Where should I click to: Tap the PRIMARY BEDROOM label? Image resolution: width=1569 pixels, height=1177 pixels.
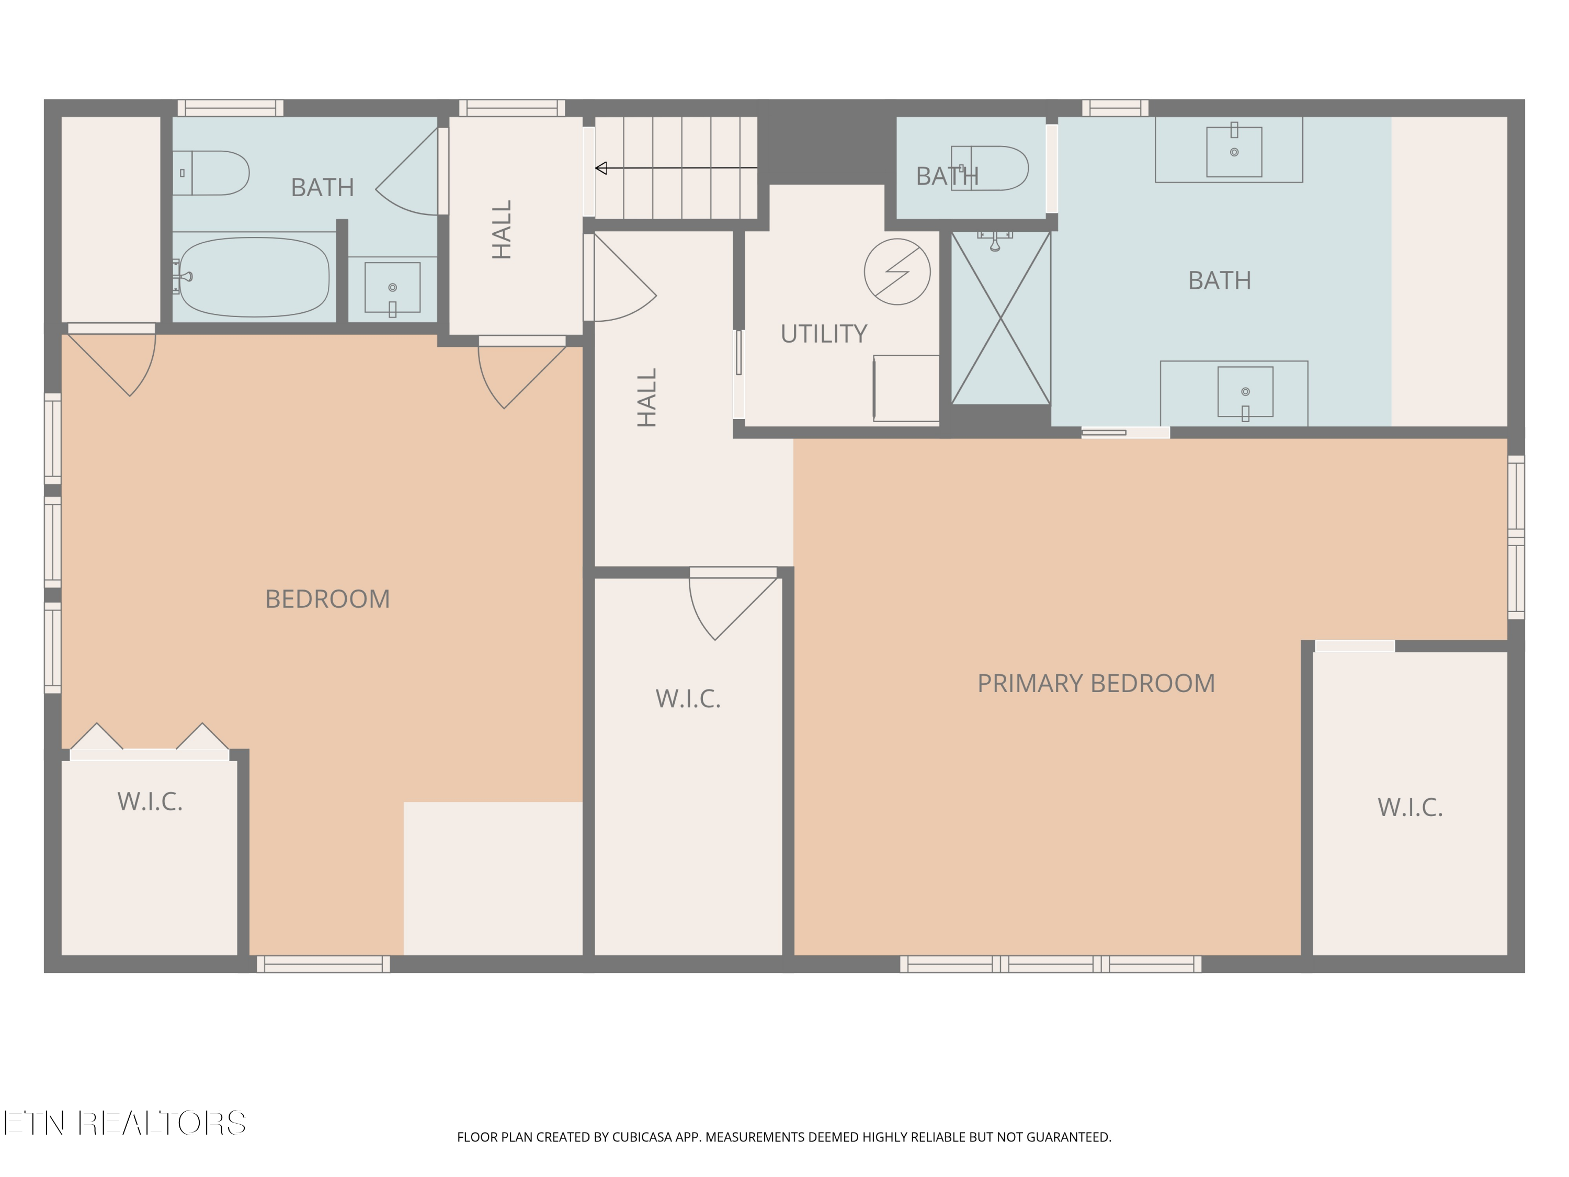(1096, 683)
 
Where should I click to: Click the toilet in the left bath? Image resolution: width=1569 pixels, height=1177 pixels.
(211, 173)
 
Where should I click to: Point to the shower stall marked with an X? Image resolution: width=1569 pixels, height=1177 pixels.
(1000, 318)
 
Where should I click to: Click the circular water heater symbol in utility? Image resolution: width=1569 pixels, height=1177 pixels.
(897, 271)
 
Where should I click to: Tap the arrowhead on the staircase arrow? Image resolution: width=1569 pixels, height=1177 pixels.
(601, 168)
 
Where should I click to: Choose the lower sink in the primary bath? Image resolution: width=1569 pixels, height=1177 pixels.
(1246, 392)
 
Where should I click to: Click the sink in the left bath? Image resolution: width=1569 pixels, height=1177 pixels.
(392, 287)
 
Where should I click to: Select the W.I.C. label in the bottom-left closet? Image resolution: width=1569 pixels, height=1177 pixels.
(150, 802)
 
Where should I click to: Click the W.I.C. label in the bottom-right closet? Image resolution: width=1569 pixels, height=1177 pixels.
(1410, 807)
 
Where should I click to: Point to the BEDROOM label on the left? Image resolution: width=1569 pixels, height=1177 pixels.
(327, 599)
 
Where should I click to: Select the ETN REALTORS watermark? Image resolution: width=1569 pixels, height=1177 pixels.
(125, 1123)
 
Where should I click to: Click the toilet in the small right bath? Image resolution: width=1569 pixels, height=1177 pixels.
(990, 168)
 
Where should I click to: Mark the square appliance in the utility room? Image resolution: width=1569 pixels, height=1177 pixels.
(906, 388)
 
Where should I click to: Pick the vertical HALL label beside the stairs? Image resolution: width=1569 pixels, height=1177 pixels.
(502, 229)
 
